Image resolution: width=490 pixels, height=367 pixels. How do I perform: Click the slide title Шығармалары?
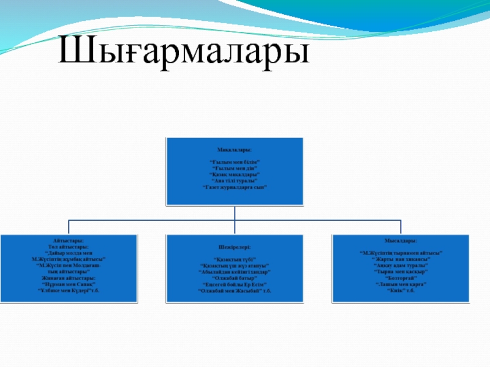[x=184, y=51]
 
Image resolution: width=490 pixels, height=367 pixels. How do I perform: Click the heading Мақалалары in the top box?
[x=235, y=149]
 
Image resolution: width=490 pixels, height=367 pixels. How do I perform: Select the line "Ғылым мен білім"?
[x=235, y=161]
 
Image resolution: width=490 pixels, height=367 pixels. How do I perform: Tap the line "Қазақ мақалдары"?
[x=235, y=174]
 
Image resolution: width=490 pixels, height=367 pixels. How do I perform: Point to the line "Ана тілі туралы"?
[x=235, y=180]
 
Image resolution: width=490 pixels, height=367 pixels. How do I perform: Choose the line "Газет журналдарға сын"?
[x=235, y=187]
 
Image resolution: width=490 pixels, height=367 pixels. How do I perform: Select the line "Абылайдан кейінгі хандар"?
[x=235, y=272]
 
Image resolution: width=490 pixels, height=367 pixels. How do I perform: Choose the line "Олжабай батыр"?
[x=235, y=278]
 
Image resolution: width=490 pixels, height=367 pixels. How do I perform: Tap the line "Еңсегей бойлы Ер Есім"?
[x=235, y=284]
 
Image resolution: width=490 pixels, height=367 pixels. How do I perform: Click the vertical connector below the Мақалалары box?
[x=235, y=212]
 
